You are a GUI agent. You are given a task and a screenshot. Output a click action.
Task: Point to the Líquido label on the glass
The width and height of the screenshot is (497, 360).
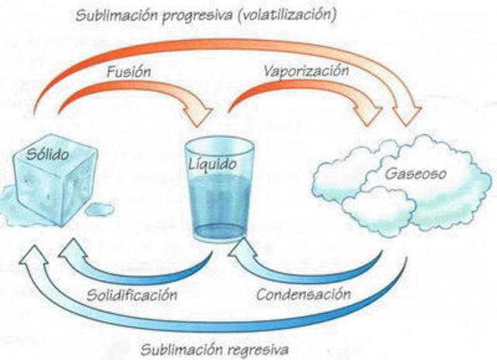[210, 164]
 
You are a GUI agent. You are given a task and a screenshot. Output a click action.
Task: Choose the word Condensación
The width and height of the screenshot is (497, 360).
[303, 294]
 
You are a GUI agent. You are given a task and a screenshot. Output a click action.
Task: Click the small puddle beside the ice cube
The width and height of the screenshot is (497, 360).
[99, 208]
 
